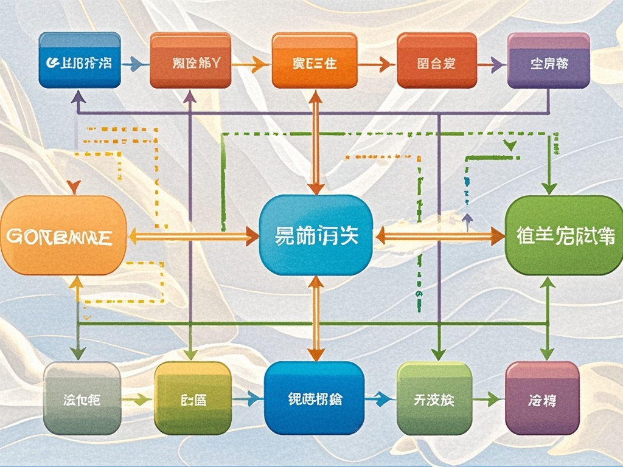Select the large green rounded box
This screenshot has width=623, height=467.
(564, 235)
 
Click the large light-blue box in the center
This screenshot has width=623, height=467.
(315, 235)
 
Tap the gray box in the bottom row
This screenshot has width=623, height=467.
(82, 398)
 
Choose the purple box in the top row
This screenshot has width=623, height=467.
(548, 61)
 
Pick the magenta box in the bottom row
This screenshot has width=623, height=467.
(542, 398)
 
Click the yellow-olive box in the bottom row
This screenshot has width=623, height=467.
(192, 398)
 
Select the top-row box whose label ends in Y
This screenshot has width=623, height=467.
(190, 61)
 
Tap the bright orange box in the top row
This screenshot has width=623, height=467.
(315, 61)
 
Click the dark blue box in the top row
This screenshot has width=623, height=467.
(79, 61)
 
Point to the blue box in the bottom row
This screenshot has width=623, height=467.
(314, 398)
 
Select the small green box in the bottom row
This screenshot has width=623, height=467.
(434, 398)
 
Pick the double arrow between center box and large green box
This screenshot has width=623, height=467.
(439, 236)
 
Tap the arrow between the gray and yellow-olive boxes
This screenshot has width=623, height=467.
(137, 399)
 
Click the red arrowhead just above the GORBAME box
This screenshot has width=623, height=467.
(74, 186)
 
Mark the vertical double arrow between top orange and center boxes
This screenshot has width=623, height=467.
(316, 143)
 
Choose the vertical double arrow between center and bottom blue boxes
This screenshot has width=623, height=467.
(315, 317)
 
